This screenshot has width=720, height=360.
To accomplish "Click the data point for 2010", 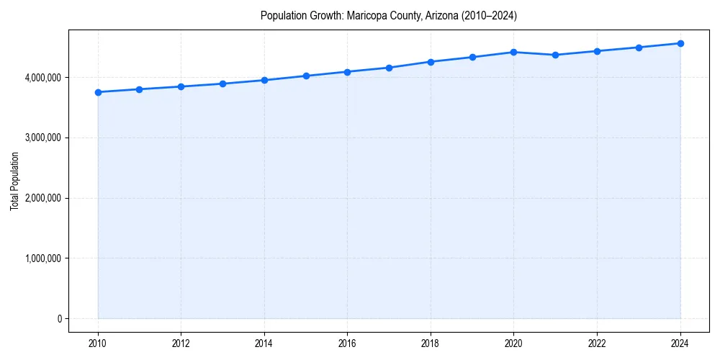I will coord(98,92).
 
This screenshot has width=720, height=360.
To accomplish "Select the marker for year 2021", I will coord(555,55).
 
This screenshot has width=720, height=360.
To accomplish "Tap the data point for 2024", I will coord(680,43).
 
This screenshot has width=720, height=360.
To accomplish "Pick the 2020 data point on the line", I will coord(513,52).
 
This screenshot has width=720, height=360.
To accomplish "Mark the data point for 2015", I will coord(306,76).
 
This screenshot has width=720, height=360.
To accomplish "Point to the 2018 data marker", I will coord(431,62).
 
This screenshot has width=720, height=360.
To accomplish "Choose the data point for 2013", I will coord(222,84).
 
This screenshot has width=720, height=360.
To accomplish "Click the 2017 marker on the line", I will coord(389,68).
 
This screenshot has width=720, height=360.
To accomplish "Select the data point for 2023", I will coord(639,48).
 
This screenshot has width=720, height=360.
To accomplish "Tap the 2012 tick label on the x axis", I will coord(181,343).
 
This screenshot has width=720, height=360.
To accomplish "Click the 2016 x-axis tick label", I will coord(347,343).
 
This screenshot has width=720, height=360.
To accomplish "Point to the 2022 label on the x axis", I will coord(597,343).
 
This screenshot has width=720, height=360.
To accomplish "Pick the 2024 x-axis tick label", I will coord(680,343).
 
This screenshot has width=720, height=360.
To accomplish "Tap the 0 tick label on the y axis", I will coord(59,319).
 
